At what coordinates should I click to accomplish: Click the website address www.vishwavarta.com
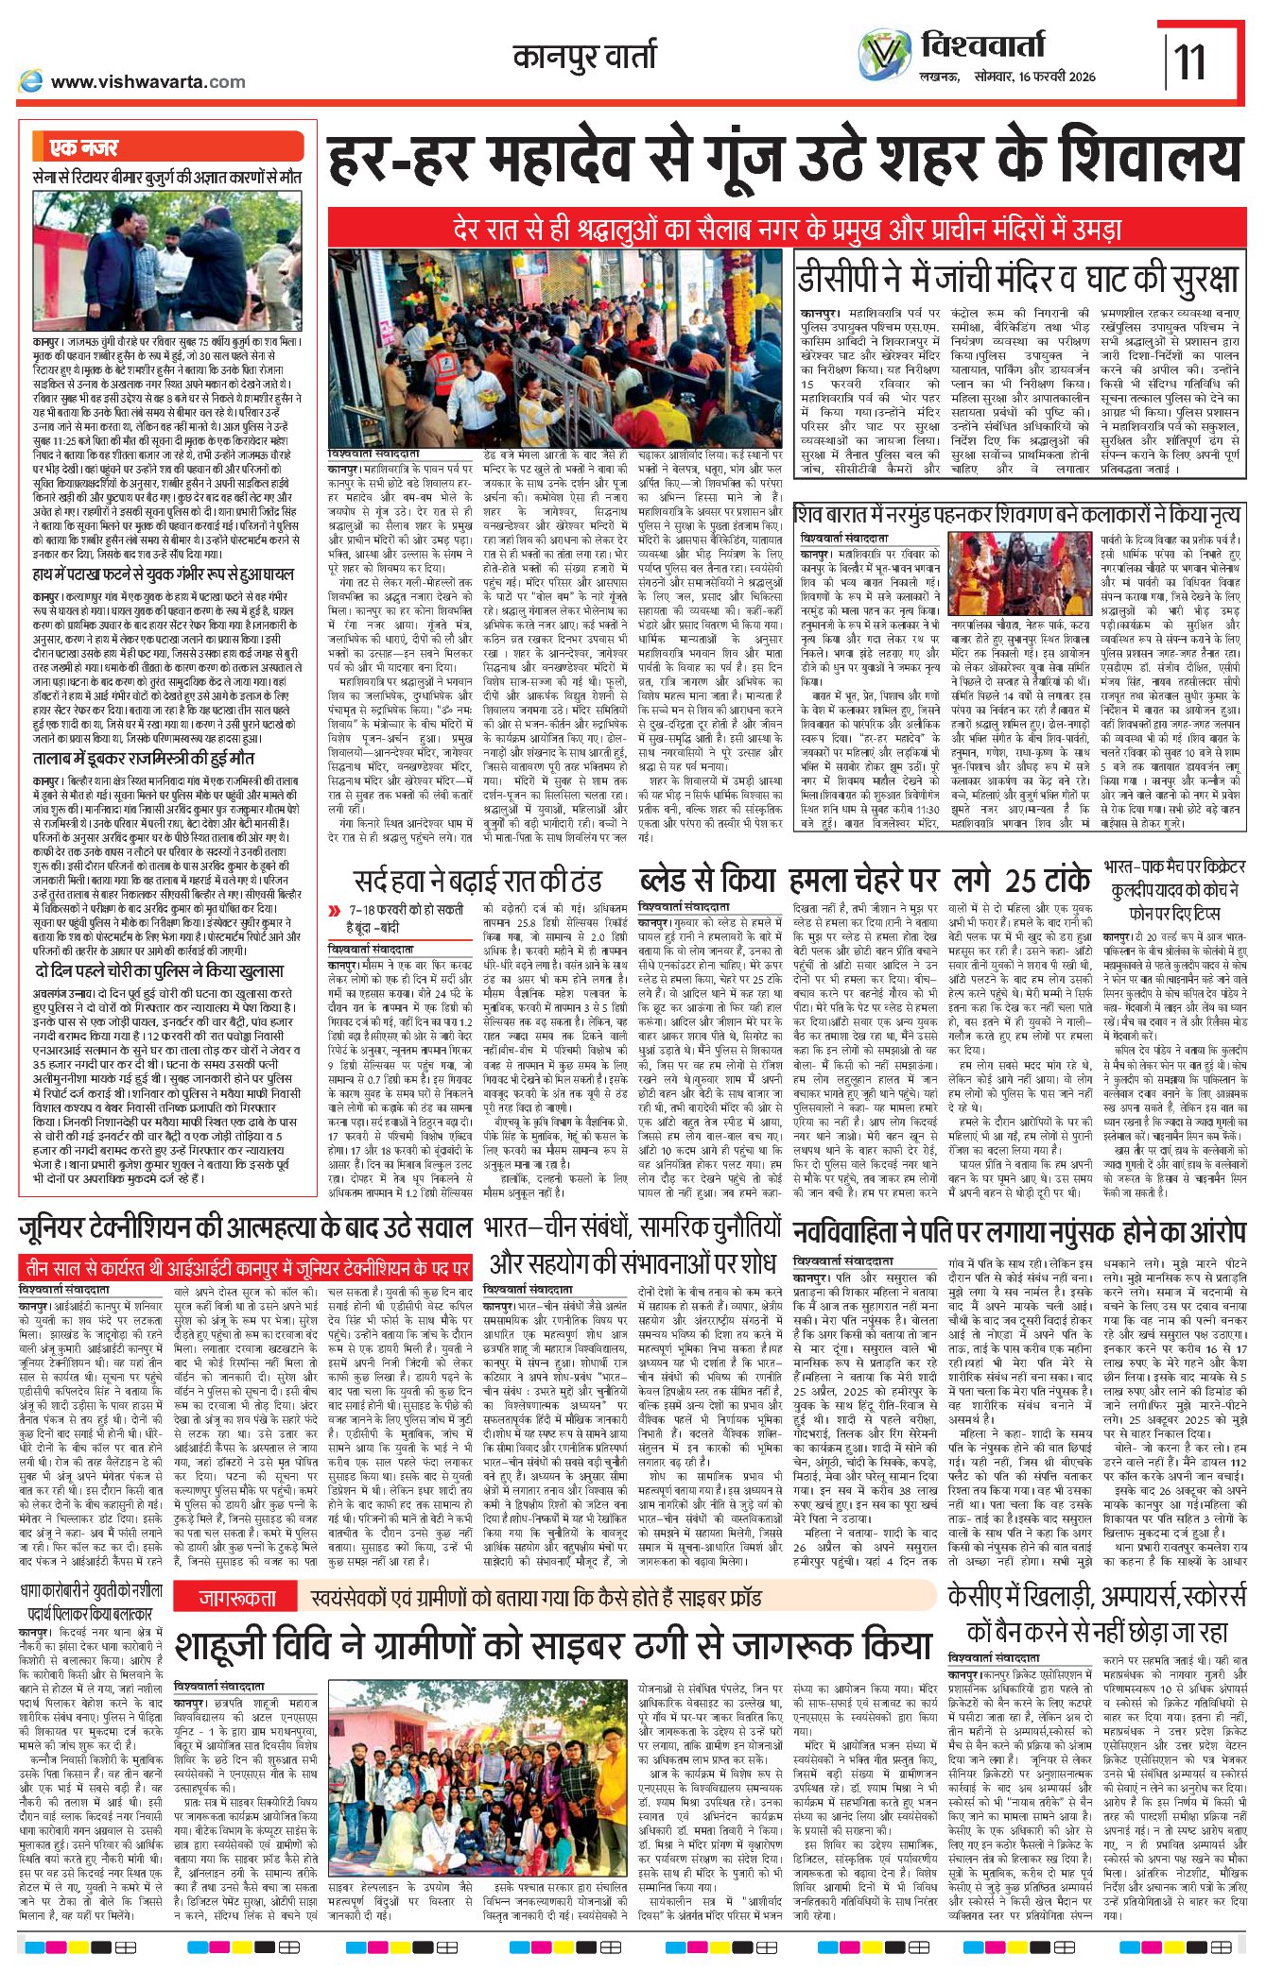click(147, 82)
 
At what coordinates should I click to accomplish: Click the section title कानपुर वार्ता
click(583, 58)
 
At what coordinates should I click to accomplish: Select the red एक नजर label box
click(84, 147)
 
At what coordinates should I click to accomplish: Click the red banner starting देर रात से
click(785, 229)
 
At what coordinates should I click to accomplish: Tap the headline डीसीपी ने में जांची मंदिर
click(1016, 280)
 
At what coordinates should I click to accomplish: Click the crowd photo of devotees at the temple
click(483, 350)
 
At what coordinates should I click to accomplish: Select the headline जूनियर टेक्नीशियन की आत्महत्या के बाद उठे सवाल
click(245, 1229)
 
